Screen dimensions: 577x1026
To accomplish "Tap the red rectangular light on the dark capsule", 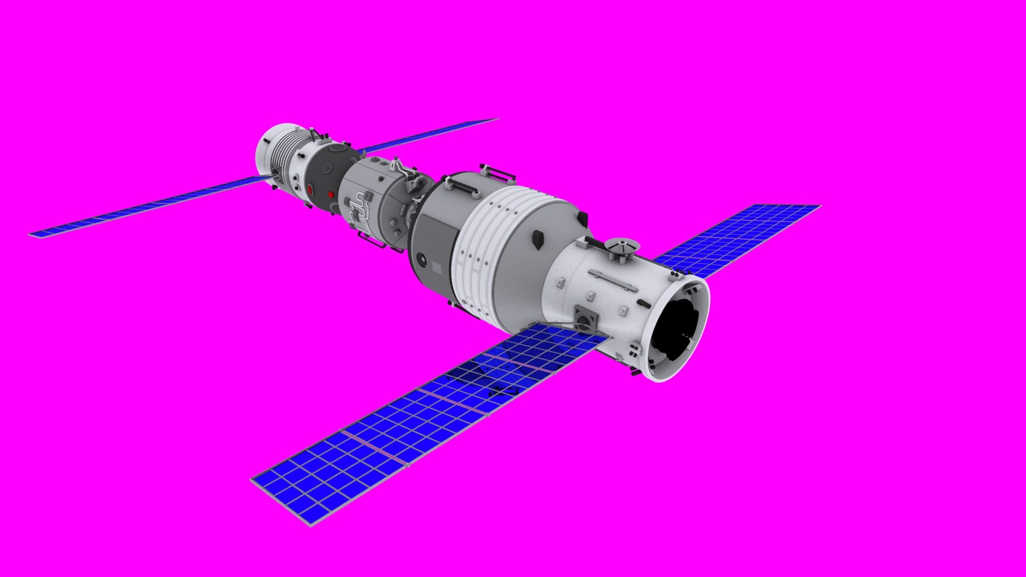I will coord(310,189).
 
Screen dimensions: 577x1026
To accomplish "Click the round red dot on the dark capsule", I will coord(331,194).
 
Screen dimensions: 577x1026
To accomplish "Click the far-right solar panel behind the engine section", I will coord(737,238).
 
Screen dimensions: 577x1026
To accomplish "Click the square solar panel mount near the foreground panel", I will coord(586,319).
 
